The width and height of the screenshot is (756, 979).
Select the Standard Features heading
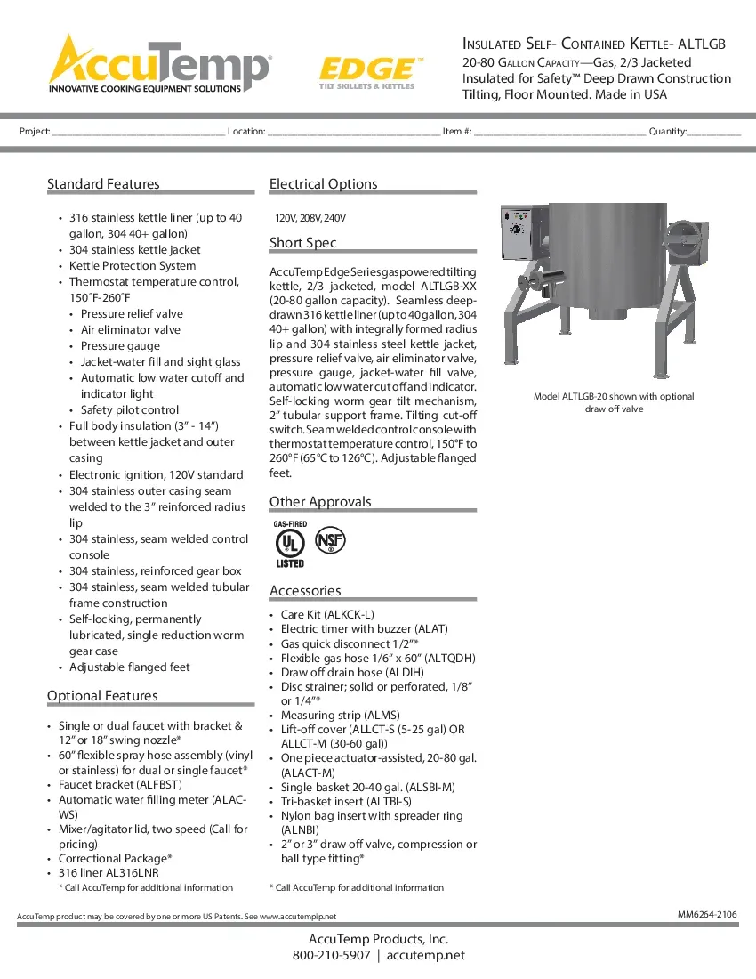pos(103,184)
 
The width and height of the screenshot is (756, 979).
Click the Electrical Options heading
pos(323,184)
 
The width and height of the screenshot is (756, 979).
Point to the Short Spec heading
pos(302,243)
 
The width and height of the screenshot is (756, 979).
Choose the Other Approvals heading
pos(320,502)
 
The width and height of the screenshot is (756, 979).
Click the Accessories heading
pos(305,591)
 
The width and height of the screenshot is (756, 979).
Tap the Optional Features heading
pos(102,696)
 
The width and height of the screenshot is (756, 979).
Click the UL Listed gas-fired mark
pos(290,545)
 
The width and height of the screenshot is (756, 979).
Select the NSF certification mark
pos(331,540)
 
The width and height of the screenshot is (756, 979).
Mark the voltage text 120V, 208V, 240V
pos(310,218)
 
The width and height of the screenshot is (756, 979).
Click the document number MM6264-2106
pos(707,914)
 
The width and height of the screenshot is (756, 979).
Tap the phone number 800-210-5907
pos(331,956)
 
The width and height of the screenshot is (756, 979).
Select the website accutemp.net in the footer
pos(426,956)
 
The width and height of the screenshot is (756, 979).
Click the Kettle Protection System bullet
pos(133,266)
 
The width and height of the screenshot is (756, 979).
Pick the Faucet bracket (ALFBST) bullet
pos(119,785)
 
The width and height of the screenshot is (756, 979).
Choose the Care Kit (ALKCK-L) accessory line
pos(327,615)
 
